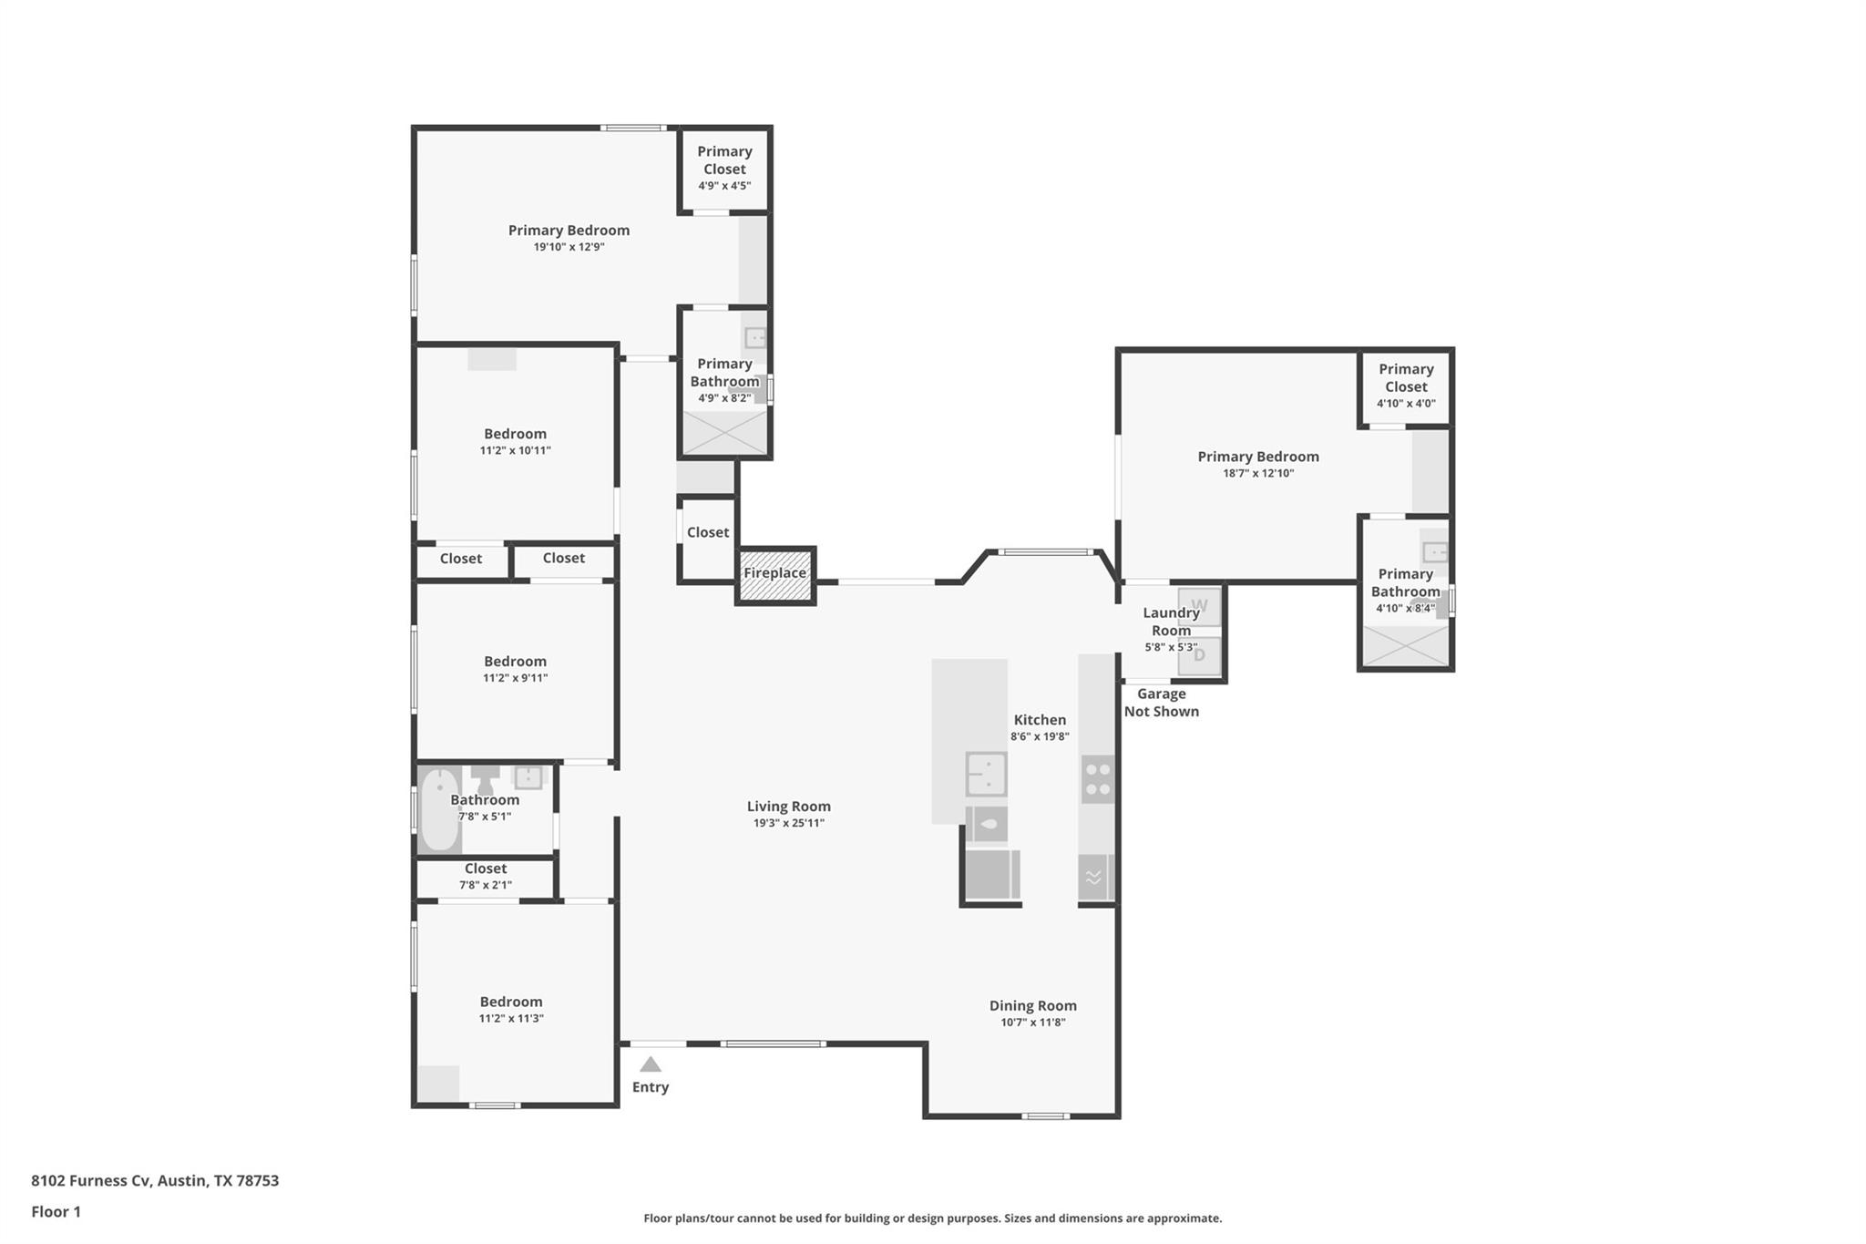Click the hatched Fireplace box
pos(775,575)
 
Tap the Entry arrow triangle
pos(650,1064)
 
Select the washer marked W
pos(1199,606)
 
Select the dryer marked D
pos(1199,655)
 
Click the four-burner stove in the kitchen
pos(1098,779)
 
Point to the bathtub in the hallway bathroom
pos(440,809)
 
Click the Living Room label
pos(788,807)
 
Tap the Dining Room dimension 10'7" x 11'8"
pos(1032,1023)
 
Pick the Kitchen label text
pos(1040,720)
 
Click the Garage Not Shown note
pos(1161,703)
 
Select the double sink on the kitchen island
pos(986,774)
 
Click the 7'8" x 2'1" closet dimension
pos(486,885)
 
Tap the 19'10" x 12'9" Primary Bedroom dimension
pos(569,247)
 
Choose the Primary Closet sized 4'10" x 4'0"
pos(1406,386)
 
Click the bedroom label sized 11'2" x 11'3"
pos(511,1002)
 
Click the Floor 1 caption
pos(56,1211)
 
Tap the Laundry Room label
pos(1171,622)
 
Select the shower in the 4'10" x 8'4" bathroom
pos(1406,646)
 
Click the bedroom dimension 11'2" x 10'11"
pos(515,450)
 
